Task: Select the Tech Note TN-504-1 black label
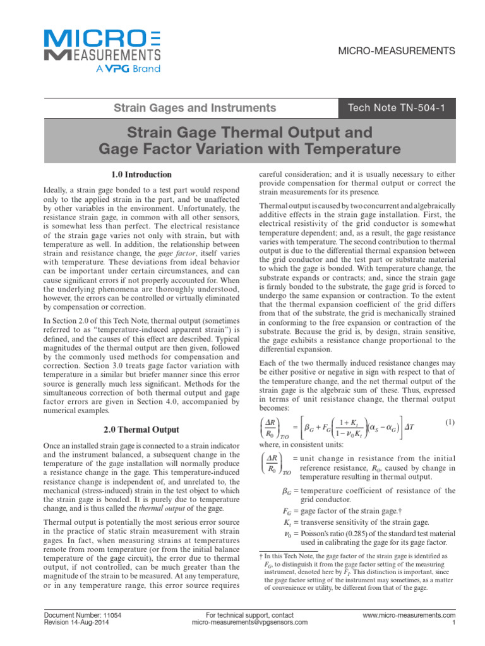click(402, 108)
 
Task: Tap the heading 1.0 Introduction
click(137, 174)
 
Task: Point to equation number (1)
click(451, 421)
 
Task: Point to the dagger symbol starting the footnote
click(261, 556)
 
